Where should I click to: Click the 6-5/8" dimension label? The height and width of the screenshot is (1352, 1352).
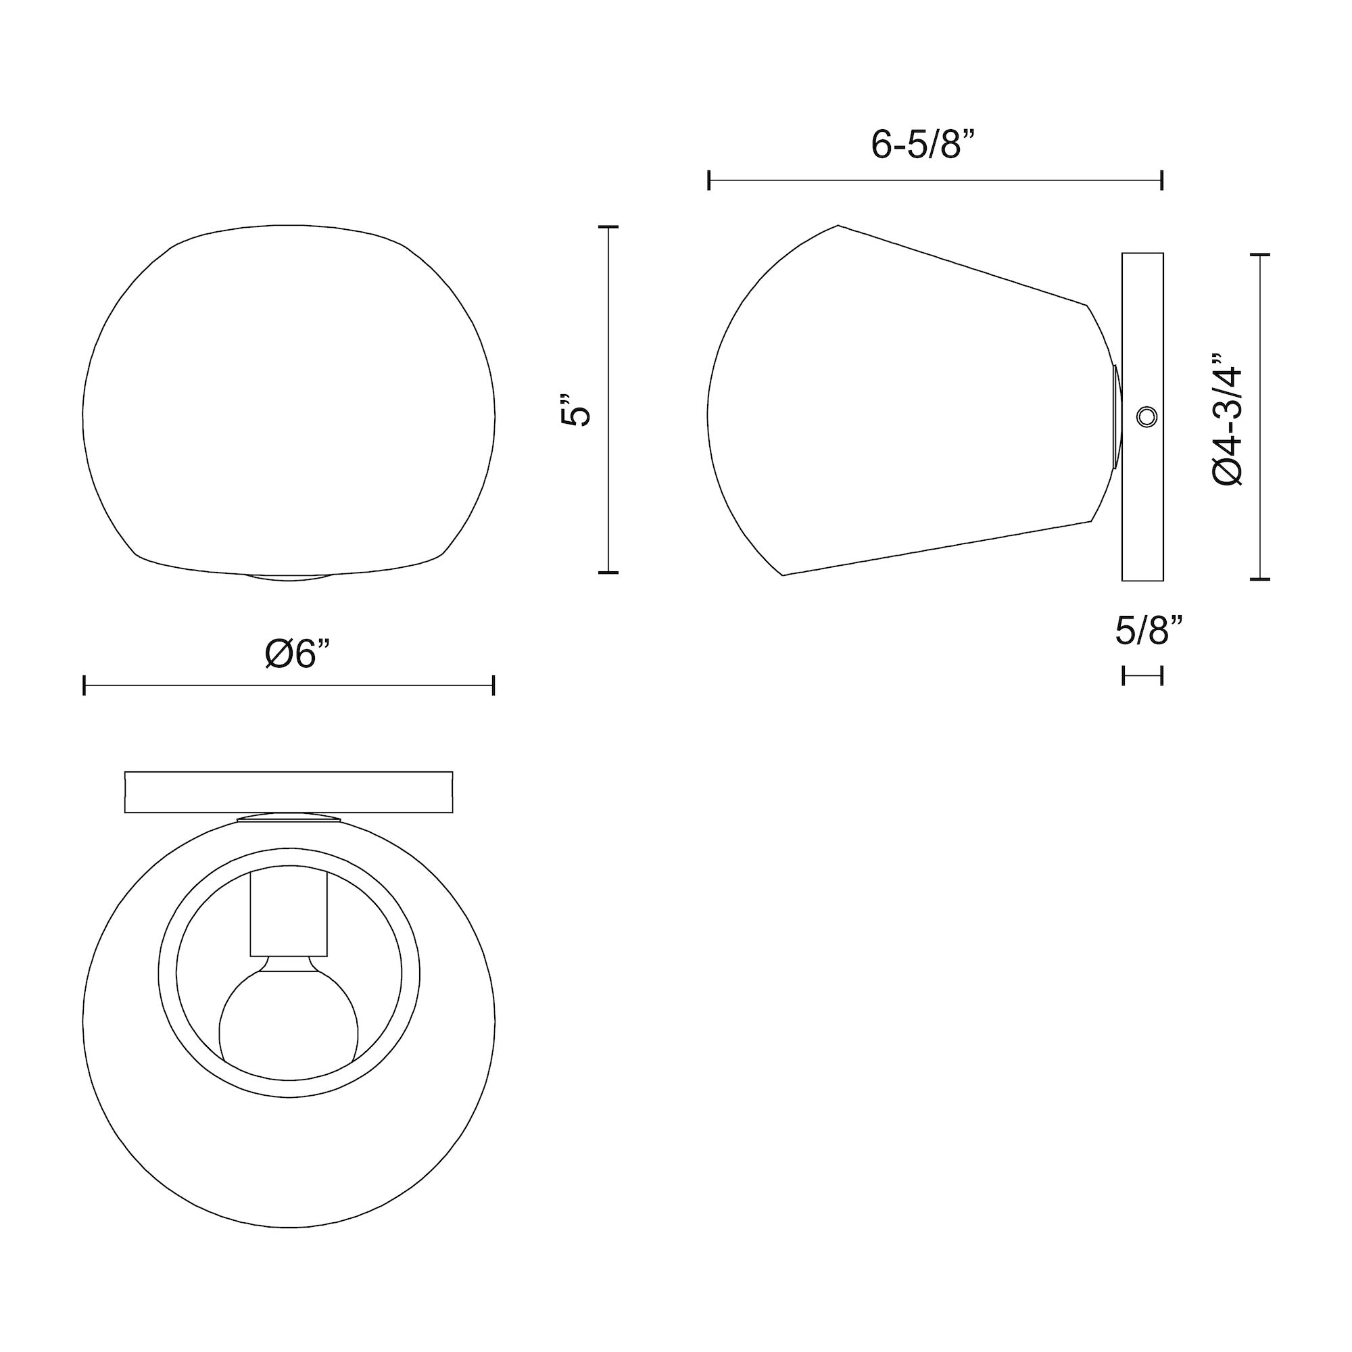click(922, 145)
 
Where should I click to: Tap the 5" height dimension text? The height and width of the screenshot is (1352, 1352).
click(575, 411)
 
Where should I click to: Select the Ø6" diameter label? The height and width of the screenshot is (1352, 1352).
click(297, 654)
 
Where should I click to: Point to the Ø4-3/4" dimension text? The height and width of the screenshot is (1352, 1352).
click(1228, 419)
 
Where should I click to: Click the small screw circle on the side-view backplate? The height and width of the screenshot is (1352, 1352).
click(1146, 417)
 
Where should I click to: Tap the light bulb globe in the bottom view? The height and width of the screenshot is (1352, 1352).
click(289, 1026)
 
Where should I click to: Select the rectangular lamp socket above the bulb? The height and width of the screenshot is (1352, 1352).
click(289, 916)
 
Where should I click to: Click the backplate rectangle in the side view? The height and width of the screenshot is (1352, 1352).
click(1142, 518)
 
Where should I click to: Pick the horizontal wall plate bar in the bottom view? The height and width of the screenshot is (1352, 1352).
click(289, 792)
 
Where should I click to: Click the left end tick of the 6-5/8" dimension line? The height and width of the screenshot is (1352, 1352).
click(709, 180)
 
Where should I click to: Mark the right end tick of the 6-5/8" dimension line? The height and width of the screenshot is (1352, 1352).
click(1161, 180)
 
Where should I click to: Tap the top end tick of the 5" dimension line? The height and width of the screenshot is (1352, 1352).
click(608, 227)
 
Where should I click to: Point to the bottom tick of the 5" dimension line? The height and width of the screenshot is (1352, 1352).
click(608, 573)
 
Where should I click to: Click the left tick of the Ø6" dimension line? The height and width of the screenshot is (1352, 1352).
click(84, 685)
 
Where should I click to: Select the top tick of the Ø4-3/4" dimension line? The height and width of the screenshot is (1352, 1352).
click(1259, 256)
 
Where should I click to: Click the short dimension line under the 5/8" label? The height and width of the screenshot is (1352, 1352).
click(1142, 676)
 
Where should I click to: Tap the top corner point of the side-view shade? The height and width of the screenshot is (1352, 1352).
click(838, 225)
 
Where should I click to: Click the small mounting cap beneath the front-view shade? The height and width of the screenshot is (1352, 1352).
click(289, 577)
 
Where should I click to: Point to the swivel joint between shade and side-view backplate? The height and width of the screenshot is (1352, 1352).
click(1116, 417)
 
